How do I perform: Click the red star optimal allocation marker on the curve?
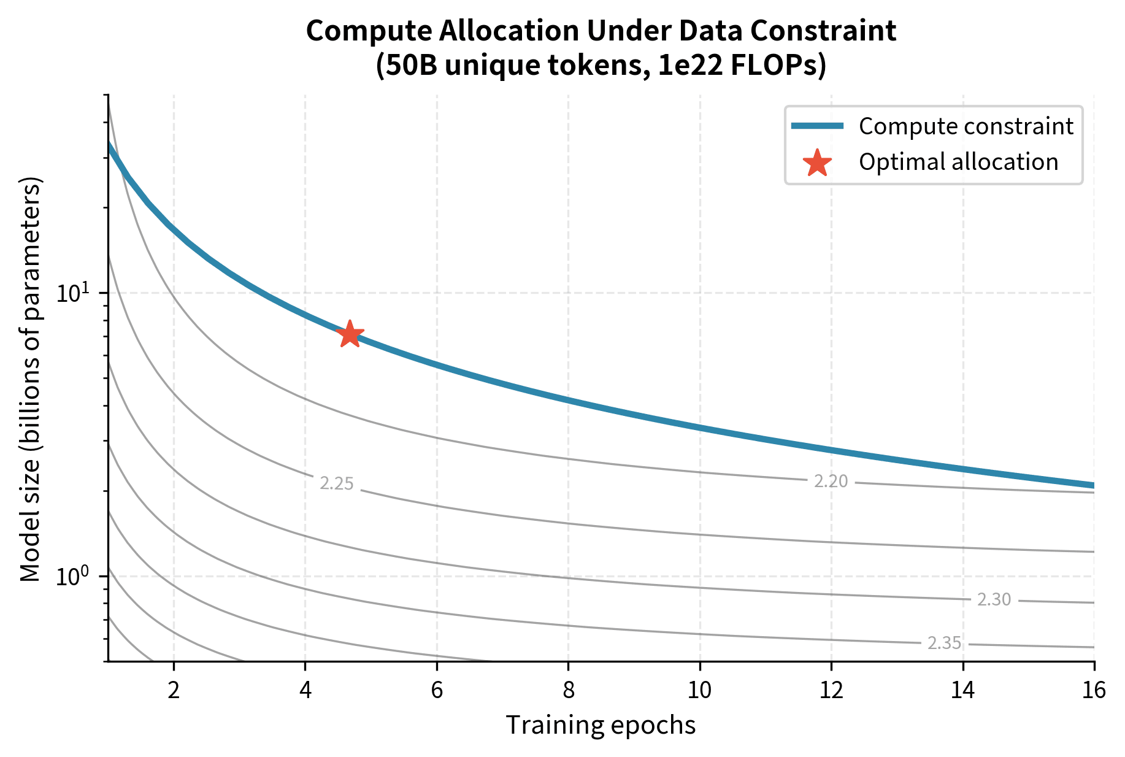pyautogui.click(x=350, y=334)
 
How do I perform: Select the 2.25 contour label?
pyautogui.click(x=337, y=484)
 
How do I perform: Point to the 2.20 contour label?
pyautogui.click(x=831, y=482)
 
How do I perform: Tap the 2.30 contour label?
pyautogui.click(x=994, y=600)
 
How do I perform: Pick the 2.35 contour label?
pyautogui.click(x=944, y=643)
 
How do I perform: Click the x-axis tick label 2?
pyautogui.click(x=174, y=691)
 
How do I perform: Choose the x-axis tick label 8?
pyautogui.click(x=569, y=691)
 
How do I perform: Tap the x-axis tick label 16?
pyautogui.click(x=1094, y=691)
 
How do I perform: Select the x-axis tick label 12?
pyautogui.click(x=831, y=691)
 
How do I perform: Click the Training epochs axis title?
pyautogui.click(x=601, y=726)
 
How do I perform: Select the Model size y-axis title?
pyautogui.click(x=30, y=378)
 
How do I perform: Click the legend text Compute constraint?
pyautogui.click(x=966, y=126)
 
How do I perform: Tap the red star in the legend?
pyautogui.click(x=817, y=163)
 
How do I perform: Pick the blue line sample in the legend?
pyautogui.click(x=817, y=126)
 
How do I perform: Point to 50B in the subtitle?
pyautogui.click(x=409, y=66)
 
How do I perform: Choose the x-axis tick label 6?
pyautogui.click(x=437, y=691)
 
